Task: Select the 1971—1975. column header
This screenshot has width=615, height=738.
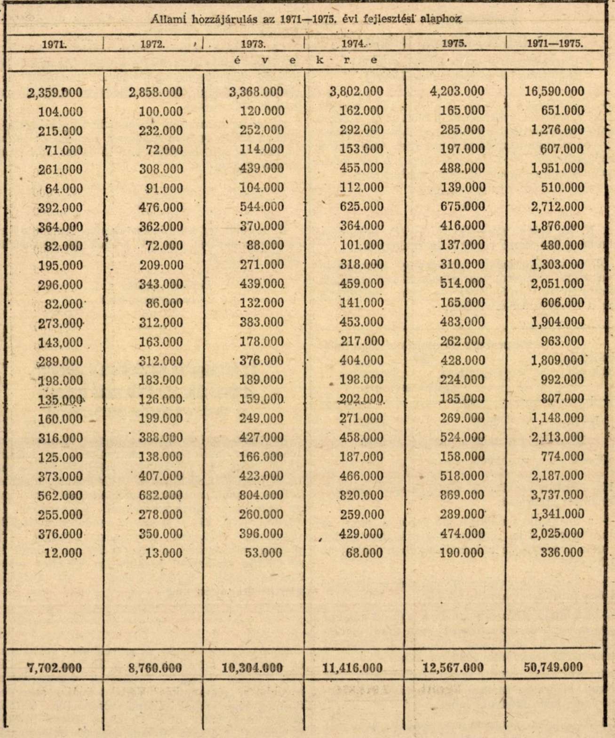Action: (555, 44)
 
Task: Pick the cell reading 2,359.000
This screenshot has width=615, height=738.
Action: (55, 92)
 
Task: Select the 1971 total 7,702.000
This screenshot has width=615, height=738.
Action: (55, 668)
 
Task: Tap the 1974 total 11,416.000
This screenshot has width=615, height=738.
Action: (353, 668)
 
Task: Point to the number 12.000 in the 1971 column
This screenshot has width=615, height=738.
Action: (63, 553)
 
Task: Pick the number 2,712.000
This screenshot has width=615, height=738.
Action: (558, 207)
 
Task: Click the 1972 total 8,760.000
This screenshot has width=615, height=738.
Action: (155, 668)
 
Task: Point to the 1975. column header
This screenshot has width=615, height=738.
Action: (454, 44)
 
